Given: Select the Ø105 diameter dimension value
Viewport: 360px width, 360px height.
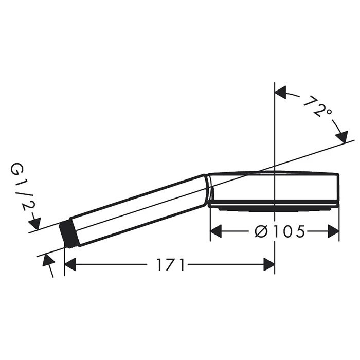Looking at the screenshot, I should (280, 231).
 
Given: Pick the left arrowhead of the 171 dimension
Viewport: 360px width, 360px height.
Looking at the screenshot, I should (70, 265).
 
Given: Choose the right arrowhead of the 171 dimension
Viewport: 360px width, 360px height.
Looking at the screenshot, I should (268, 265).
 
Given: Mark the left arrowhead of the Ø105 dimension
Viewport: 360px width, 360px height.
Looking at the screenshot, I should (217, 231).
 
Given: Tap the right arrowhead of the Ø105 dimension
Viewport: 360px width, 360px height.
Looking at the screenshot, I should (333, 231).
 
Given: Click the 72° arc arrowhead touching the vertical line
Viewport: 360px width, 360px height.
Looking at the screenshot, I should (281, 93).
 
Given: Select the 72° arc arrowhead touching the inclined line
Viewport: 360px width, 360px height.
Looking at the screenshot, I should (341, 137).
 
